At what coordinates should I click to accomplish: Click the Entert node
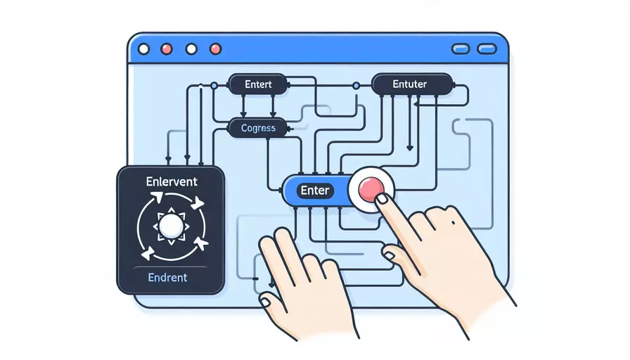click(x=258, y=84)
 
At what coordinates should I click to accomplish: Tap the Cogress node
click(x=258, y=128)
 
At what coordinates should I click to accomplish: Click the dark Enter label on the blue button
click(x=315, y=190)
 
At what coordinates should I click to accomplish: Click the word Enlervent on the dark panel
click(x=172, y=181)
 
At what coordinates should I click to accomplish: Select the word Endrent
click(x=167, y=277)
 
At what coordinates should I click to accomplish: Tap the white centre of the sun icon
click(x=171, y=226)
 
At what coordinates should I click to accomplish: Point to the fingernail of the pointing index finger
click(x=382, y=198)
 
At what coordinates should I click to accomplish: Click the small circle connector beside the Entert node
click(x=214, y=86)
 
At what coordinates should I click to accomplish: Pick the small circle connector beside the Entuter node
click(x=356, y=86)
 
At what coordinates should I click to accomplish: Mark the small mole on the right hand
click(x=454, y=222)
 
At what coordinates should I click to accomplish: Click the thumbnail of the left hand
click(x=265, y=302)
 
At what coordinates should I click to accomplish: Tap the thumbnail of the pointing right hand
click(x=389, y=255)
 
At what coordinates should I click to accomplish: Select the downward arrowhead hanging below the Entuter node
click(x=410, y=148)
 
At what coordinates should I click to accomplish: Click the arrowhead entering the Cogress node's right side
click(x=290, y=129)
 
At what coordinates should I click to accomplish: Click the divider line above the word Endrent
click(x=170, y=267)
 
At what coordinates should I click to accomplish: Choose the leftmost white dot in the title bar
click(x=144, y=49)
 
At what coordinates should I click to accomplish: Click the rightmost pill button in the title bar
click(x=487, y=49)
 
